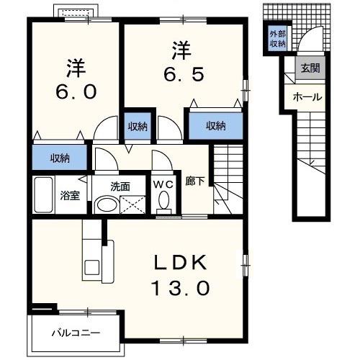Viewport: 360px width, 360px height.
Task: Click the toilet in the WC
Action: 164,202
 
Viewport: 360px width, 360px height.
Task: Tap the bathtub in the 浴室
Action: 43,194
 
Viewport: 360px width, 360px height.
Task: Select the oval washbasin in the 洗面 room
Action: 107,204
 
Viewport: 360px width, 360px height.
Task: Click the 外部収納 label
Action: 278,39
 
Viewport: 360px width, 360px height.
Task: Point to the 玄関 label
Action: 310,68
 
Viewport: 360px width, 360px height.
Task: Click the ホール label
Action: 307,97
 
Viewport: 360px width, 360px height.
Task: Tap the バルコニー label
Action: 76,333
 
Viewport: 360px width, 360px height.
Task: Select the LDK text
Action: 180,262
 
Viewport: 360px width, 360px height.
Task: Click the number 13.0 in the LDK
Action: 181,288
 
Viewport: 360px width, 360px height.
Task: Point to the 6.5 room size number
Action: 184,74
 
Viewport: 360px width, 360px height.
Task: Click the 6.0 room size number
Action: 76,91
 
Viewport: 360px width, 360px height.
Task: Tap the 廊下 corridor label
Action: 195,181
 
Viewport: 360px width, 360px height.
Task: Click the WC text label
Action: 163,184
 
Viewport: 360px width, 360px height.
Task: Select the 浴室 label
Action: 70,196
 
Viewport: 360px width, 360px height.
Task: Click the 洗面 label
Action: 120,186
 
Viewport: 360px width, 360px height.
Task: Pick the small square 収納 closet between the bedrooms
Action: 138,126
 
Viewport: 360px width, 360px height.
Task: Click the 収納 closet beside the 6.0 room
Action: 60,157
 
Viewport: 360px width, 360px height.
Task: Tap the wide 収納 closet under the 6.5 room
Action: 216,125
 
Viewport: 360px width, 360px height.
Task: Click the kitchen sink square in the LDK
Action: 91,266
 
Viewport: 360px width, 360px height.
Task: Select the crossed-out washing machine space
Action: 132,204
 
